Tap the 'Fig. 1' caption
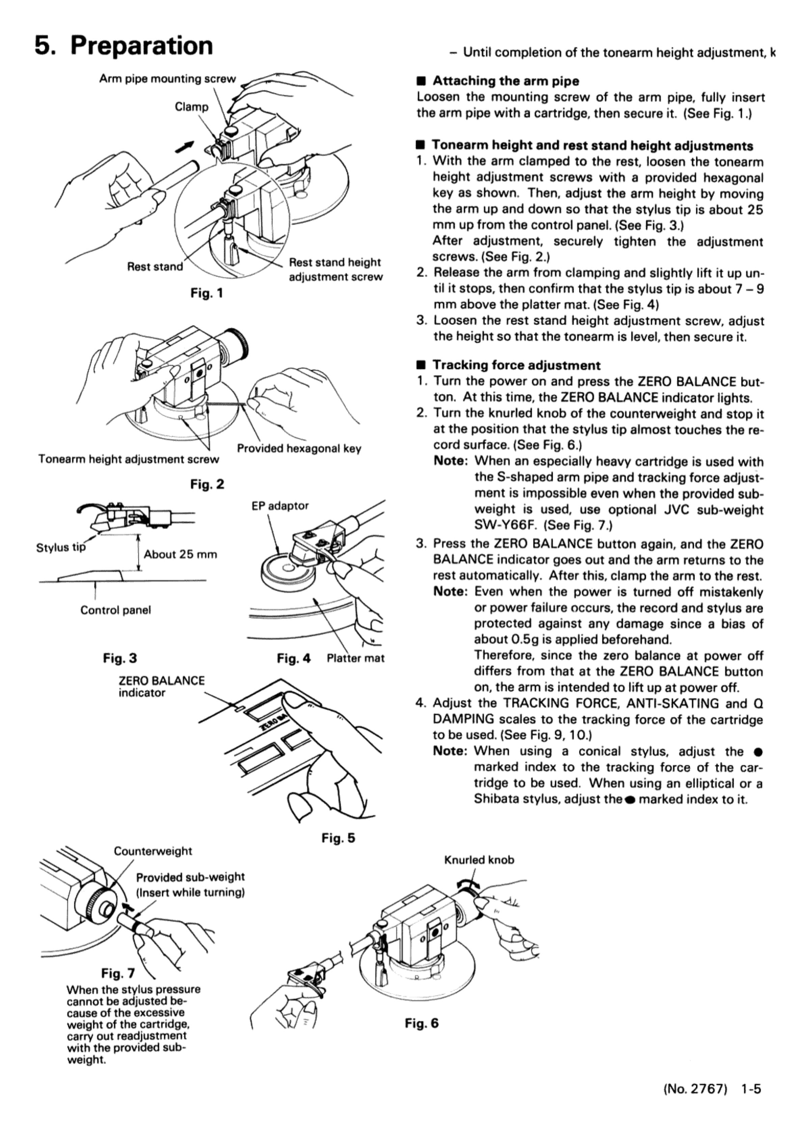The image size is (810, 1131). tap(206, 293)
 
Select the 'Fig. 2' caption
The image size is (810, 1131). tap(207, 484)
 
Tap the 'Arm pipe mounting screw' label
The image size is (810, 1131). tap(167, 79)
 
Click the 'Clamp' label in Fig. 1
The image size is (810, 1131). tap(191, 107)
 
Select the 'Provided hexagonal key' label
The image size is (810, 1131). tap(299, 448)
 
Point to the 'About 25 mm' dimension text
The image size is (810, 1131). tap(181, 555)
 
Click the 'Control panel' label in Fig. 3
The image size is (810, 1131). tap(116, 610)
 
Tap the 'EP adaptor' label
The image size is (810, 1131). tap(280, 506)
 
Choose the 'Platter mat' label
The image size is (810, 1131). tap(355, 658)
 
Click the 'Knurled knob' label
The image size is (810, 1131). tap(479, 860)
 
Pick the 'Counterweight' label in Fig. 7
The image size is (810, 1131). tap(153, 851)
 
